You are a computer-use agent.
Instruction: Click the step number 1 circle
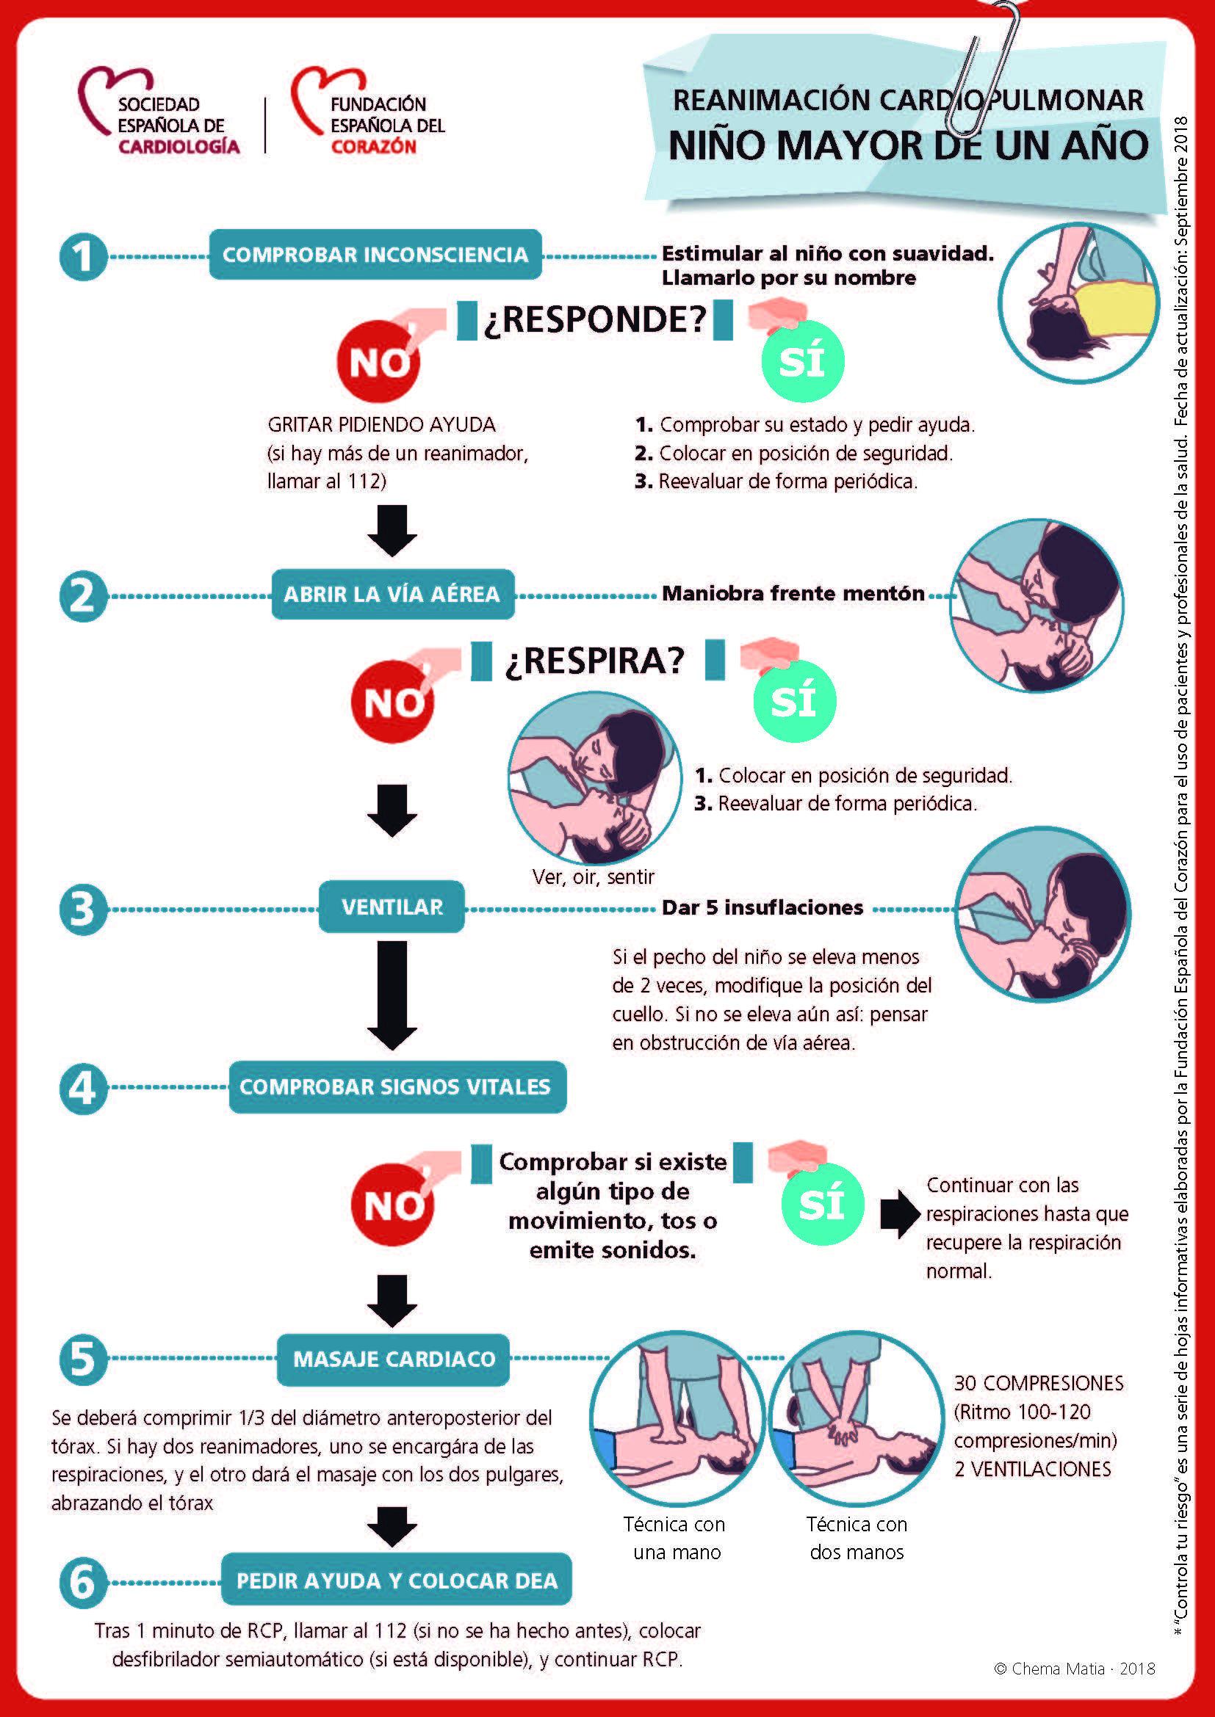(x=83, y=256)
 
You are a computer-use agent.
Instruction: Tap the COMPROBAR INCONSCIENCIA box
(x=375, y=254)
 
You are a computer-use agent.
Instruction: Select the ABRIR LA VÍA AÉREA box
(x=393, y=594)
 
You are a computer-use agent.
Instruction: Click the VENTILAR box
(x=392, y=907)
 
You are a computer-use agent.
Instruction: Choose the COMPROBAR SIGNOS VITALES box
(x=397, y=1086)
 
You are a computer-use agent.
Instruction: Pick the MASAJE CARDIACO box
(x=393, y=1359)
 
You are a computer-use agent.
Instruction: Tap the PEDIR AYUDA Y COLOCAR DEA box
(x=397, y=1580)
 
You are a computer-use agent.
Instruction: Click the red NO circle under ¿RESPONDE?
(x=378, y=362)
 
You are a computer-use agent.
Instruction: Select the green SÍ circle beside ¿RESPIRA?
(x=795, y=701)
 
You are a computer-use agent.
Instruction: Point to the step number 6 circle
(x=83, y=1582)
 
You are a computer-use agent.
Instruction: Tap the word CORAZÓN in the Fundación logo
(x=373, y=147)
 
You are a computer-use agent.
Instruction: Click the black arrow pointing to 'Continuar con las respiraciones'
(x=899, y=1213)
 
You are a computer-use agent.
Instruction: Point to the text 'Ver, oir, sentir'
(x=594, y=876)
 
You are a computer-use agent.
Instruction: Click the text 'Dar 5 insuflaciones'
(x=762, y=907)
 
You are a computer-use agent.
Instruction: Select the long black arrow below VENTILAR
(x=392, y=995)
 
